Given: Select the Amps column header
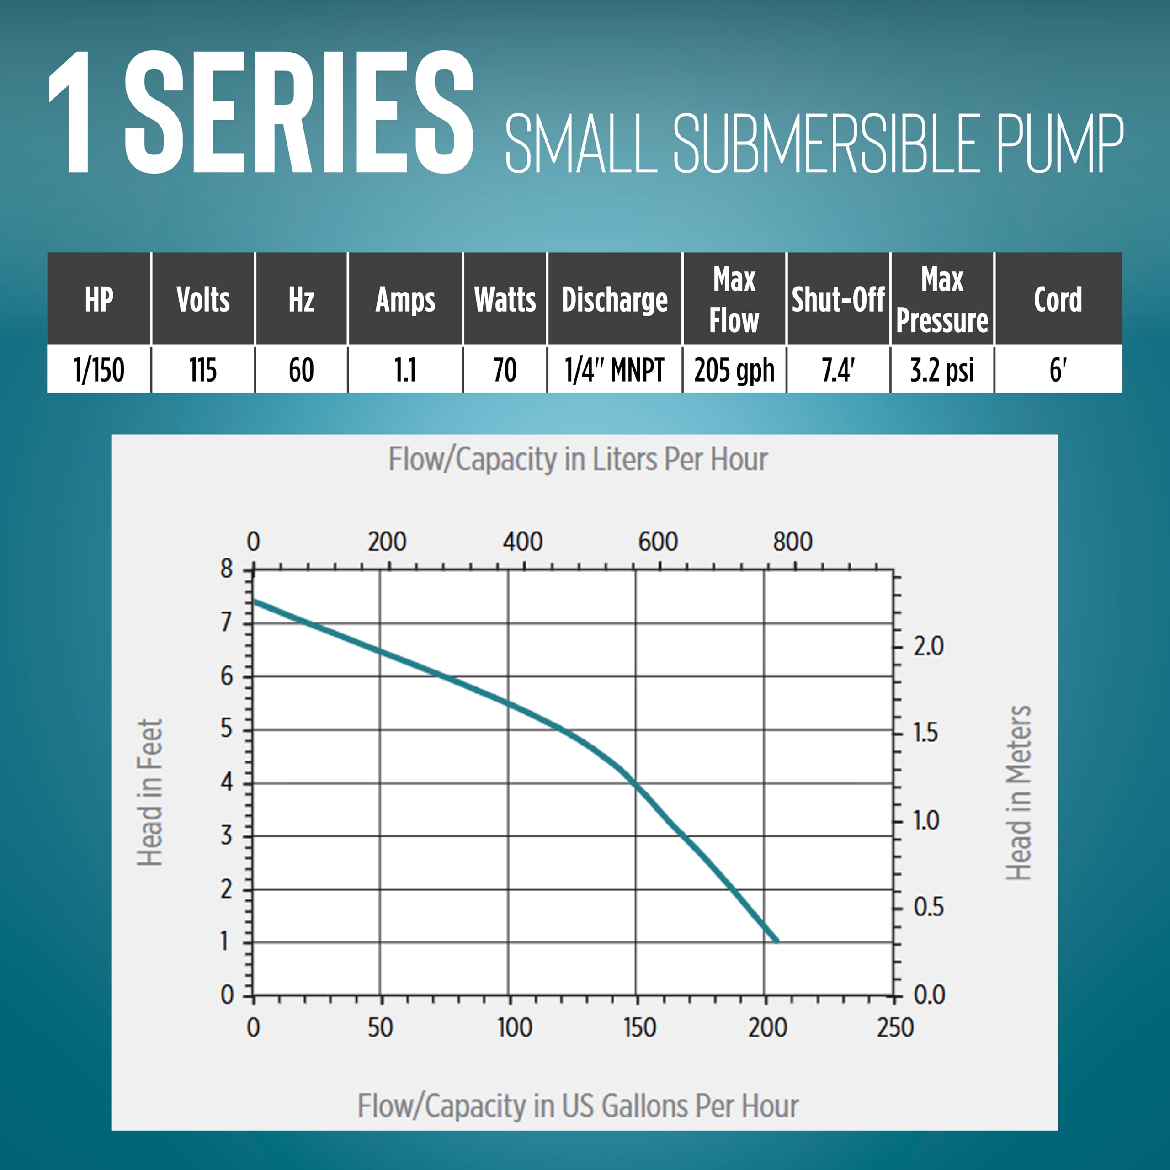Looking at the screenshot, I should tap(405, 300).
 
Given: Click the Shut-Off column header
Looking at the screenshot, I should tap(838, 300).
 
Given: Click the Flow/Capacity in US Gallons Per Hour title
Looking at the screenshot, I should tap(578, 1106).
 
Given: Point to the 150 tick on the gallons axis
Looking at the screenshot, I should tap(639, 1028).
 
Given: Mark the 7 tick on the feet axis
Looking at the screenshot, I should tap(227, 622).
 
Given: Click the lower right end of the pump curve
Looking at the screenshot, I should tap(777, 941).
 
